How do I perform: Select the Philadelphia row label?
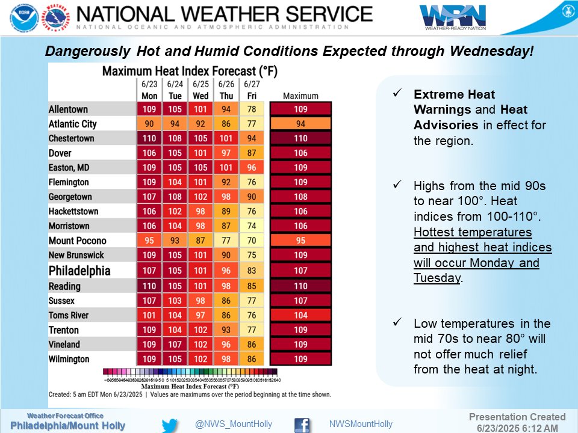79,270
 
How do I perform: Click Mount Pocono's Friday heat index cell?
250,241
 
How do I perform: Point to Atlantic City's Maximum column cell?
300,124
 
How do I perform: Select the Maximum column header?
300,96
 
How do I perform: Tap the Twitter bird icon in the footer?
170,425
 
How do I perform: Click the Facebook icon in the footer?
302,425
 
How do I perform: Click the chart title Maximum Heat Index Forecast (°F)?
189,72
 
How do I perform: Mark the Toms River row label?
68,315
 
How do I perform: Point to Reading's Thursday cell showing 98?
226,286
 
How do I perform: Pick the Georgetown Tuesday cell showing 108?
175,197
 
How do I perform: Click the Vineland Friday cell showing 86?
250,344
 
